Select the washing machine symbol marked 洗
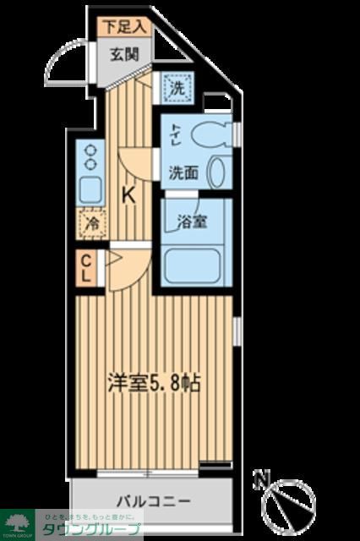(x=178, y=87)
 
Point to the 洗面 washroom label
(x=183, y=172)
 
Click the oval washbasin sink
(x=216, y=172)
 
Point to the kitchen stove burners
(x=88, y=156)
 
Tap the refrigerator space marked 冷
(x=88, y=224)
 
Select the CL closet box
(x=87, y=268)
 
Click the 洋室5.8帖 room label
(x=154, y=382)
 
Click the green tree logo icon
(x=17, y=522)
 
